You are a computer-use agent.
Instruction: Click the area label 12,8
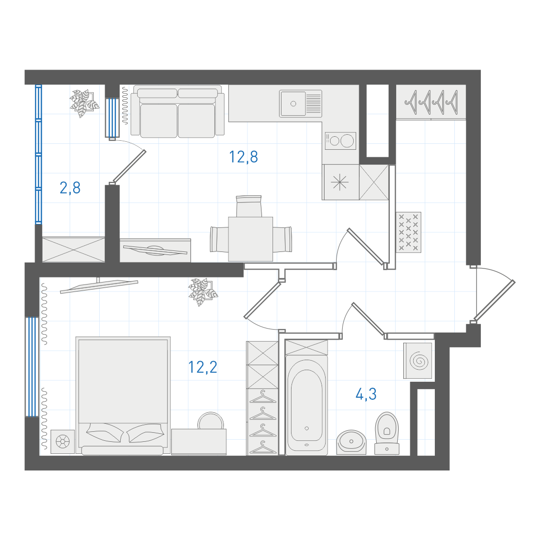[243, 157]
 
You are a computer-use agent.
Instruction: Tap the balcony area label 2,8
[70, 188]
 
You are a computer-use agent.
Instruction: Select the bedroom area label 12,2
[203, 367]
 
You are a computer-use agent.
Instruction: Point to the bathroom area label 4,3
[366, 394]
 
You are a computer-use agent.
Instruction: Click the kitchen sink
[301, 104]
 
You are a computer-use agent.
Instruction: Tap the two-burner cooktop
[340, 141]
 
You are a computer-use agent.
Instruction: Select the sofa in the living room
[177, 111]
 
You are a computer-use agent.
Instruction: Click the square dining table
[250, 239]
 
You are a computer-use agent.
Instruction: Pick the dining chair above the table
[249, 206]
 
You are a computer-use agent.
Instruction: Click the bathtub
[307, 406]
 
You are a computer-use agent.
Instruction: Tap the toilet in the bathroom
[387, 433]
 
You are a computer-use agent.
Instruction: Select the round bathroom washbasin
[351, 442]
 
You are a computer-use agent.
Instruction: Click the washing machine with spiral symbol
[418, 361]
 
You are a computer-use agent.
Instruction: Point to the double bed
[123, 395]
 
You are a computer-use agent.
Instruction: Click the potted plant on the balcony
[83, 103]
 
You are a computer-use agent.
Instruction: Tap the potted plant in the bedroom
[203, 292]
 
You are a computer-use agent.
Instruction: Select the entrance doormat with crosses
[409, 232]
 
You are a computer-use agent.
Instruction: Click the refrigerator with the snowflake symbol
[340, 182]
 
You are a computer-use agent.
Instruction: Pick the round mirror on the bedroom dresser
[210, 421]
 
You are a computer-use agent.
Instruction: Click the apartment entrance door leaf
[494, 300]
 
